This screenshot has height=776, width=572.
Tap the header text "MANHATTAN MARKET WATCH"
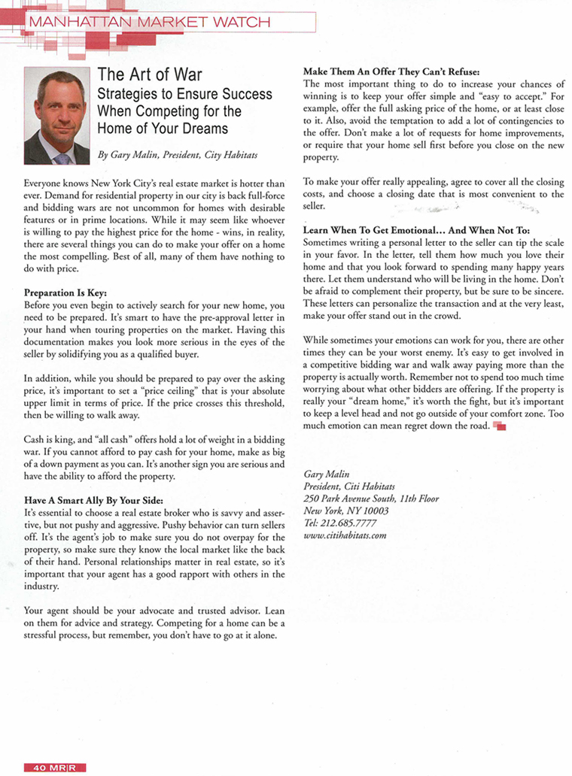coord(148,22)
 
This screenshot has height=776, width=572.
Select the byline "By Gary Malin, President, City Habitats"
coord(178,154)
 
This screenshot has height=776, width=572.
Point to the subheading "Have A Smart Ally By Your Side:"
coord(93,500)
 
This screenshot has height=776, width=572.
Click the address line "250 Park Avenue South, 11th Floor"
coord(370,499)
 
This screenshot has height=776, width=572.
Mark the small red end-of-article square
coord(500,426)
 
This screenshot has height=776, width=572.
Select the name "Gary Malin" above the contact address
coord(324,474)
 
